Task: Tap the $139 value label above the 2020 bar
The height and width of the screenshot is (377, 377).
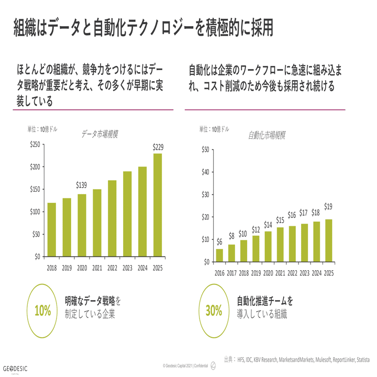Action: pos(82,185)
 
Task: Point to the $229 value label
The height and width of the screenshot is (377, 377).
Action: pos(158,147)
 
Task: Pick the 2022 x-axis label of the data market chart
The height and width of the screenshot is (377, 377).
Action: pos(112,267)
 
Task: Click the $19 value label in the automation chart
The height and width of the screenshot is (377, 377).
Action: pos(328,206)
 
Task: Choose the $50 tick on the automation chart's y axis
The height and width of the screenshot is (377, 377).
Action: pos(205,150)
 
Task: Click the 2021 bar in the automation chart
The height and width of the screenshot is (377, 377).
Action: pos(280,244)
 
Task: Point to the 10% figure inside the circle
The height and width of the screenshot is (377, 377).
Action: pos(42,311)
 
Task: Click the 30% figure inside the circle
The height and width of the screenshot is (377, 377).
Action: pos(214,311)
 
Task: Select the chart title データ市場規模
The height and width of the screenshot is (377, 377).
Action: pos(99,134)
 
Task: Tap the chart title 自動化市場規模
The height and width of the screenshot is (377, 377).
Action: pos(267,136)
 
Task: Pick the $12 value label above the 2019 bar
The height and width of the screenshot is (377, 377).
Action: pos(255,230)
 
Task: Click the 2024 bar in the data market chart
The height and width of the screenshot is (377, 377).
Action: pos(142,212)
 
